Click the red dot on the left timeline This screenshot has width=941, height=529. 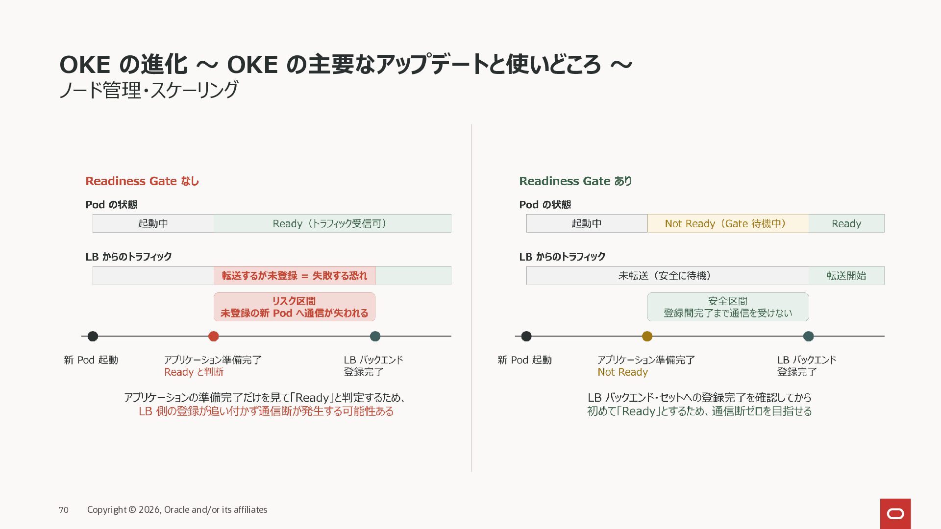(x=213, y=336)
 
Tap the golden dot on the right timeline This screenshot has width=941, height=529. (x=647, y=336)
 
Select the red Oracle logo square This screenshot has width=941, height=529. (x=895, y=513)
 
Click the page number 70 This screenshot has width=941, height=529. (x=64, y=510)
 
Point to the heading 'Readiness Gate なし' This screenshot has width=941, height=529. (x=142, y=181)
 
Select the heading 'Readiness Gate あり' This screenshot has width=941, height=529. (x=576, y=181)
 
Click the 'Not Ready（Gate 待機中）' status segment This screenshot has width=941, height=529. (x=728, y=223)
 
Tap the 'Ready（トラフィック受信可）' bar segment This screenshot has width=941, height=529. (x=332, y=223)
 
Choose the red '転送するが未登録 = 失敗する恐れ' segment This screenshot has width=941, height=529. (x=294, y=275)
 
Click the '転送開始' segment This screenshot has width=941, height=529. (x=846, y=275)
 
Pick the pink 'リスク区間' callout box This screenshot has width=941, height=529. (x=294, y=307)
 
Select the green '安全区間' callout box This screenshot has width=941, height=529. (x=728, y=307)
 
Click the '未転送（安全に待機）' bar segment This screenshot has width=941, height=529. (x=668, y=275)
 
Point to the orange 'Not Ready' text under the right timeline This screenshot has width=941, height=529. (x=622, y=372)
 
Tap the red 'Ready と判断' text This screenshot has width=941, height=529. (x=194, y=372)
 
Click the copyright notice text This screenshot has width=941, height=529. (x=177, y=510)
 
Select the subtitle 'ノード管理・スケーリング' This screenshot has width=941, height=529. (x=149, y=90)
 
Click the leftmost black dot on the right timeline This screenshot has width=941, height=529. (x=526, y=336)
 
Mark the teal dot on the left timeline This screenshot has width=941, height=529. (x=375, y=336)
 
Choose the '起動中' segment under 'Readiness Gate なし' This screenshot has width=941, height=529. (x=153, y=223)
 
